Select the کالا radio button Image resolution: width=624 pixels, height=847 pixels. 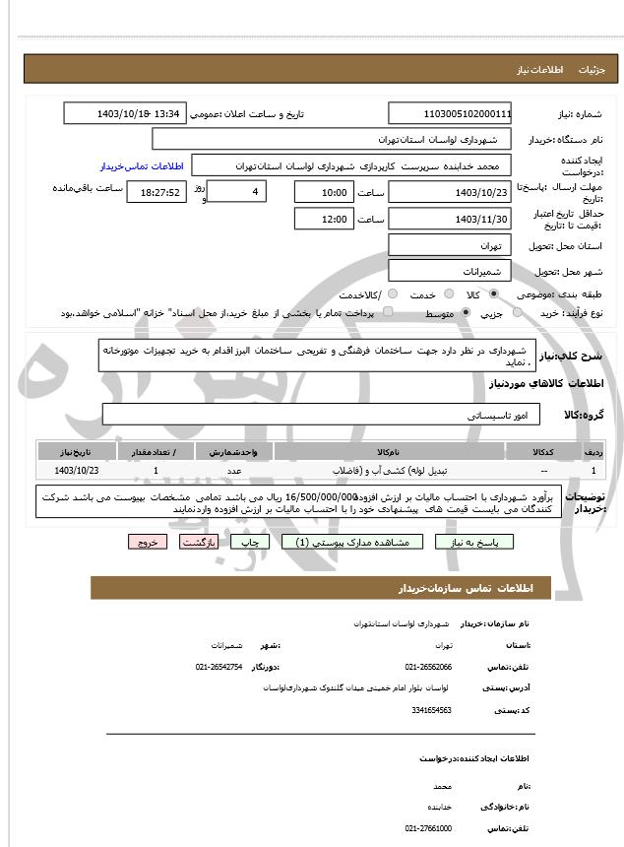(x=493, y=294)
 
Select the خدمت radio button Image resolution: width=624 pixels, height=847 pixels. (x=449, y=294)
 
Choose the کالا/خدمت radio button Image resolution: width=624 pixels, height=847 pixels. (x=393, y=294)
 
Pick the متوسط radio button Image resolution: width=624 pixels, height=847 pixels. (x=466, y=313)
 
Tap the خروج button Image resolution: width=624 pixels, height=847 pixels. (x=148, y=542)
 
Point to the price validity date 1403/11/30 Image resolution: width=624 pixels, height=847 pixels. (x=450, y=219)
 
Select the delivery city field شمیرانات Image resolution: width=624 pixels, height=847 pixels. (x=450, y=270)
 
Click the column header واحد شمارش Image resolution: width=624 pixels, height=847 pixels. (x=234, y=451)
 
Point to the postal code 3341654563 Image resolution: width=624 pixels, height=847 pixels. (x=431, y=709)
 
